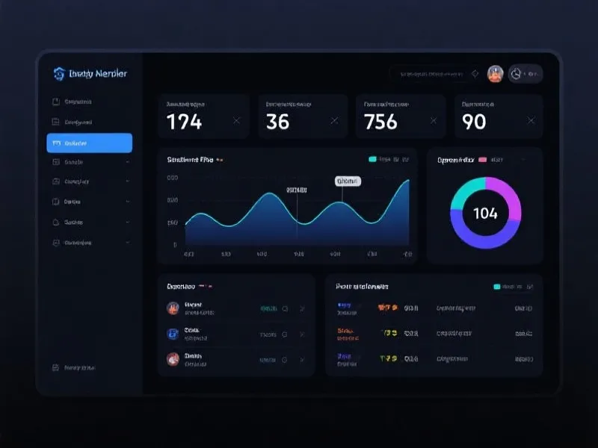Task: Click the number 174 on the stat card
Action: point(184,121)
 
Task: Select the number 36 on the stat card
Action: point(277,121)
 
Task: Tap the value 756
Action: point(380,121)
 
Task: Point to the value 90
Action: point(474,121)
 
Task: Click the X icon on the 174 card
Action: point(237,120)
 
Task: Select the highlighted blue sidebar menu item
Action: point(89,143)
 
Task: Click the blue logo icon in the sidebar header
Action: point(59,73)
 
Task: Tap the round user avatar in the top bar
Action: point(495,73)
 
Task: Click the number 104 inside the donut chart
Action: point(485,214)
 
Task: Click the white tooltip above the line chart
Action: point(348,181)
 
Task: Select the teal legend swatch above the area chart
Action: point(373,159)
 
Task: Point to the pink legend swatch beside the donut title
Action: point(482,159)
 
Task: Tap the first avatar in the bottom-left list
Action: point(173,308)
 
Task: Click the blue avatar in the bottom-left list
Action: point(173,333)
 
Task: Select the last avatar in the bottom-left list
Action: point(173,358)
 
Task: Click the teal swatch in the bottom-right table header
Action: point(497,286)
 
